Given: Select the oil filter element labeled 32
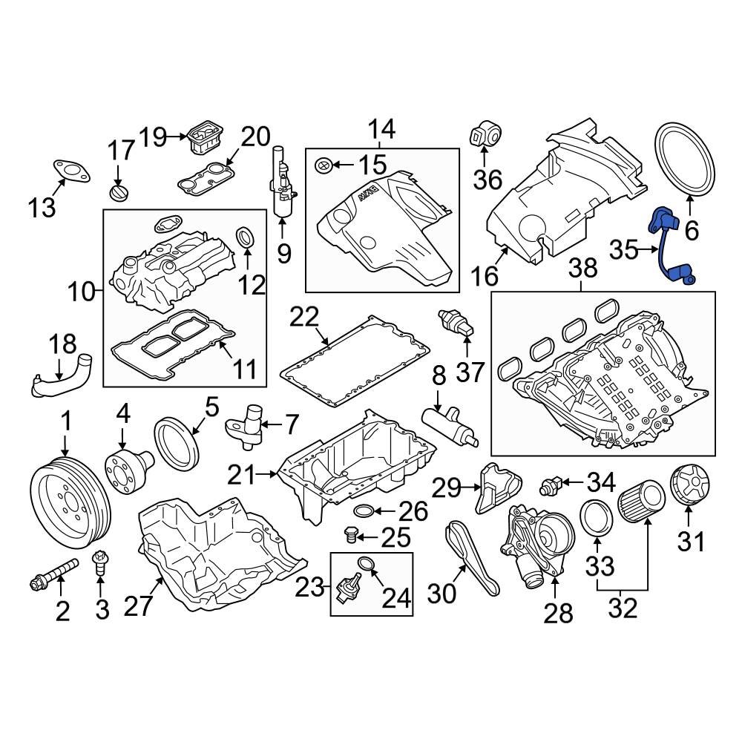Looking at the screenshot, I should (x=640, y=504).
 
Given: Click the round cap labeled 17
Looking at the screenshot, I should (x=119, y=192).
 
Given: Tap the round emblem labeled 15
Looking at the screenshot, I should (x=323, y=165).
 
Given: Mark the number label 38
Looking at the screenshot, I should (x=582, y=269).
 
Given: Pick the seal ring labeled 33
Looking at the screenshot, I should (x=595, y=516).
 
